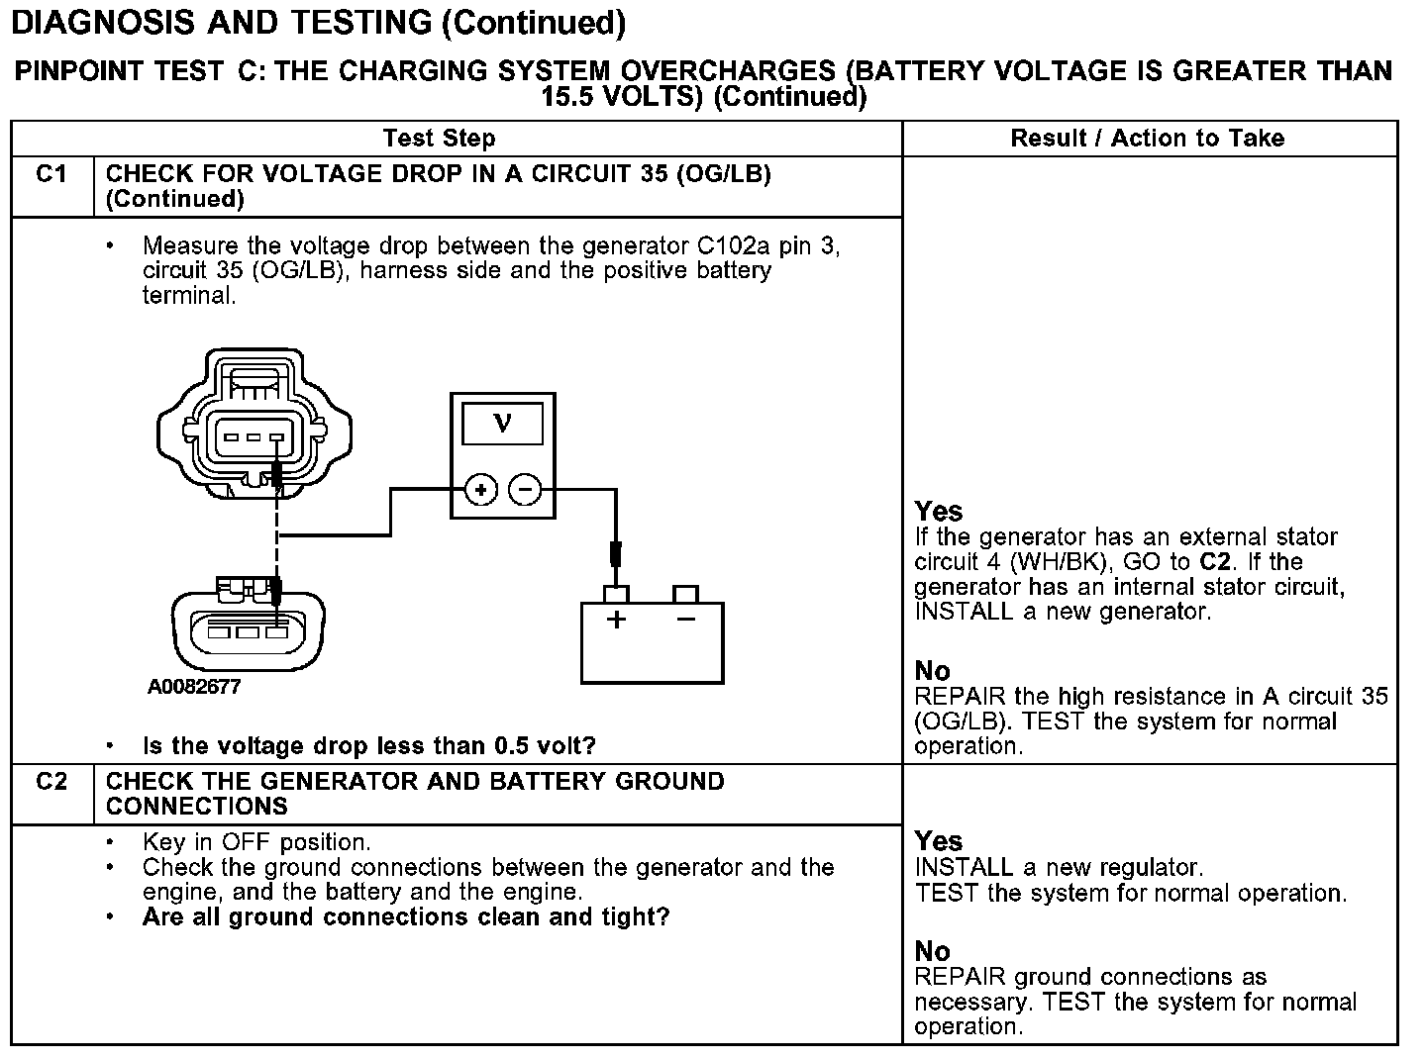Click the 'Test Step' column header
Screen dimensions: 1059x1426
click(439, 139)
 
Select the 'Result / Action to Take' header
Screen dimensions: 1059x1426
click(1147, 139)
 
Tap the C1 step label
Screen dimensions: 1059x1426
click(51, 174)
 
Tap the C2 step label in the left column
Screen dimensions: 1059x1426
click(51, 782)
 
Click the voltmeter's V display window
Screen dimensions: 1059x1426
click(502, 425)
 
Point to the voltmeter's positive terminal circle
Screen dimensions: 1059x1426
click(480, 489)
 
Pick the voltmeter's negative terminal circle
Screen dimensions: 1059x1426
click(525, 489)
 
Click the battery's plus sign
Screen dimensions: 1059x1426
click(616, 622)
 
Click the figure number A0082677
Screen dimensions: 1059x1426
click(194, 687)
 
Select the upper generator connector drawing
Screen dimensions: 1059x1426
click(255, 423)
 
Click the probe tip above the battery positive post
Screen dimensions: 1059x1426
click(615, 555)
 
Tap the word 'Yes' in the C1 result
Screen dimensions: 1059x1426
click(938, 512)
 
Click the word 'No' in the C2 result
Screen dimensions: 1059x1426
click(932, 952)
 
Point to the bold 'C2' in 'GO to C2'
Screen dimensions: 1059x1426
click(1215, 562)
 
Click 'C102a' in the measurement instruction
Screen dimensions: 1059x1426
click(727, 245)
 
